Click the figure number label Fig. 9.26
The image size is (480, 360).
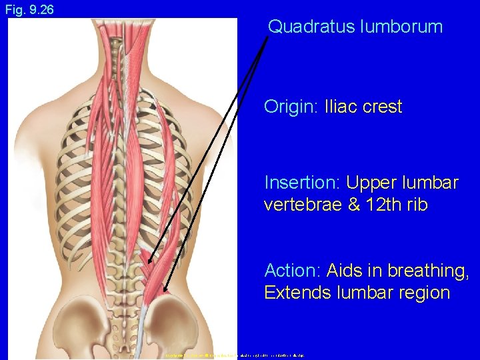coord(29,10)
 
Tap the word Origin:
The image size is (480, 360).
coord(291,107)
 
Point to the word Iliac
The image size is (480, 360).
coord(340,107)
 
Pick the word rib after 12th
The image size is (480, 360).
coord(417,205)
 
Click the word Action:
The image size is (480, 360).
coord(291,271)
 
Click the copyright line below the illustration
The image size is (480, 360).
coord(233,355)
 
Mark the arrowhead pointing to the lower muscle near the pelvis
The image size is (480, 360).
coord(164,289)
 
